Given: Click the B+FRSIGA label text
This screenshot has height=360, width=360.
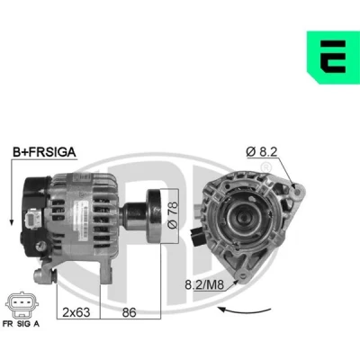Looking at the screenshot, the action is (44, 152).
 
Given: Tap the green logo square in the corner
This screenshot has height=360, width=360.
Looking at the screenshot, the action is (333, 58).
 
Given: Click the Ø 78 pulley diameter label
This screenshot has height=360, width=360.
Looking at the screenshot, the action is (173, 215).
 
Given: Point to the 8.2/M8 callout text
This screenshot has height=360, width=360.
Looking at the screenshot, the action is (204, 284).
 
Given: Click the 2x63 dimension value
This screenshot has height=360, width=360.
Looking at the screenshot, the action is (76, 312).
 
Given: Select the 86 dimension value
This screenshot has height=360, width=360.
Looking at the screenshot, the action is (130, 312).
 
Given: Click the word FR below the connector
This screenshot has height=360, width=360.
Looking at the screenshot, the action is (8, 324).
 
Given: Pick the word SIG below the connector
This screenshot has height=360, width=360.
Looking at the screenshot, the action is (23, 324).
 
